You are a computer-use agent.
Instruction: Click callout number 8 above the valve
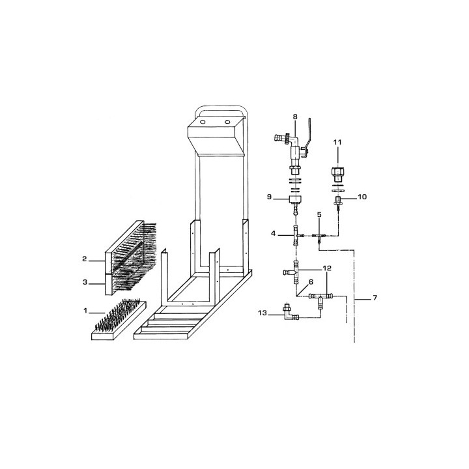point(295,117)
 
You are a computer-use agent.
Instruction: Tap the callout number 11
point(337,143)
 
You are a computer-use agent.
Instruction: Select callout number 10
point(362,197)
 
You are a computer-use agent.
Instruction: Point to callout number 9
point(269,197)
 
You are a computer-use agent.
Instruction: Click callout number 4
point(273,233)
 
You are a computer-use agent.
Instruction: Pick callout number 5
point(319,214)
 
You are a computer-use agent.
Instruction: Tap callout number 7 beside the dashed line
point(375,298)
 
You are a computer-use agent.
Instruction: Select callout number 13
point(263,313)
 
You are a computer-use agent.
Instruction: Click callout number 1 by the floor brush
point(85,311)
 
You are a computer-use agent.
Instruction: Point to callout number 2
point(85,259)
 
